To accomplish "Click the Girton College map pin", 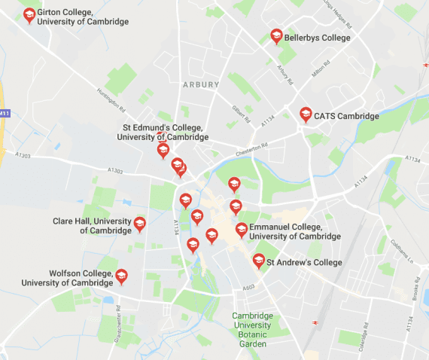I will pyautogui.click(x=29, y=14).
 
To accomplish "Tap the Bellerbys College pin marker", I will pyautogui.click(x=276, y=36).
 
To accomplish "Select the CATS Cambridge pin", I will pyautogui.click(x=306, y=114).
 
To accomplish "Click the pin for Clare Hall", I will pyautogui.click(x=139, y=224).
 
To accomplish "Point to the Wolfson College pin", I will pyautogui.click(x=120, y=276).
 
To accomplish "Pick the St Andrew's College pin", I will pyautogui.click(x=259, y=261).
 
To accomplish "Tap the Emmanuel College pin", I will pyautogui.click(x=242, y=230).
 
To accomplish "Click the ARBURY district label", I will pyautogui.click(x=201, y=85).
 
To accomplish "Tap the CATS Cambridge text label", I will pyautogui.click(x=347, y=116).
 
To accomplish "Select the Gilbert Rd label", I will pyautogui.click(x=241, y=112).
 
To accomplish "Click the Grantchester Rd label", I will pyautogui.click(x=98, y=331).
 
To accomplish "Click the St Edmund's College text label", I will pyautogui.click(x=163, y=133).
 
